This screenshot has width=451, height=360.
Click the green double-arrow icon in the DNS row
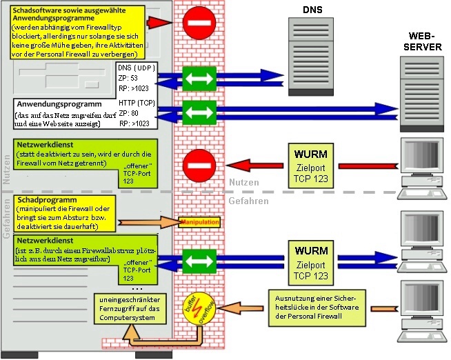[199, 77]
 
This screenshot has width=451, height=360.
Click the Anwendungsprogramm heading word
[54, 105]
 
